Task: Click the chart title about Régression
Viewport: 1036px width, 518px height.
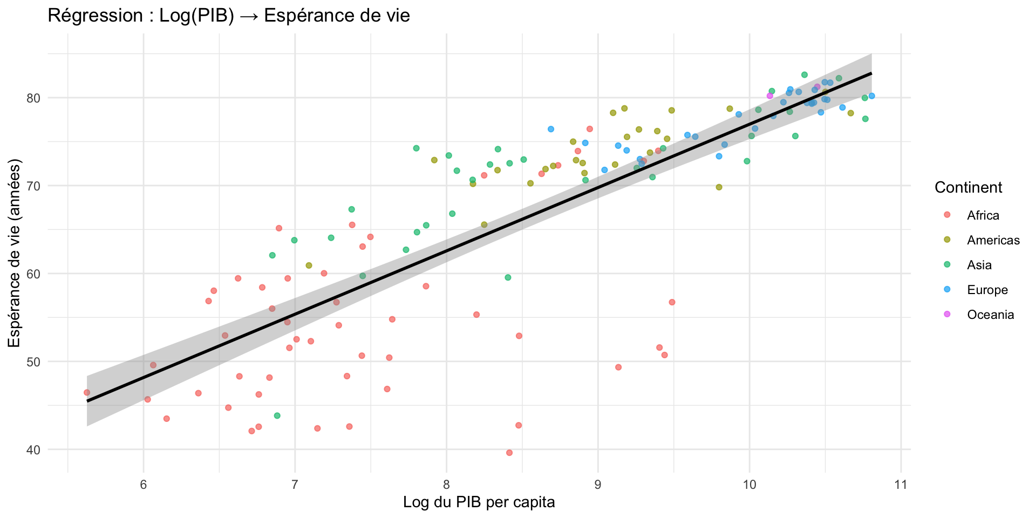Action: [x=229, y=16]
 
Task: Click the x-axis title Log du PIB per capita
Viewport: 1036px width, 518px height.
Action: [x=479, y=502]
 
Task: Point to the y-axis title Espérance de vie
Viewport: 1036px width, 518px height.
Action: [x=15, y=253]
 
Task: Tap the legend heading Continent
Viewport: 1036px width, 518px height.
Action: [x=968, y=187]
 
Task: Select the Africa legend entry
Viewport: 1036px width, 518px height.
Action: [x=983, y=215]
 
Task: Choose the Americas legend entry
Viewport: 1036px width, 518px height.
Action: [x=993, y=240]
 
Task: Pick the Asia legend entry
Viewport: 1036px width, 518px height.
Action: [x=979, y=265]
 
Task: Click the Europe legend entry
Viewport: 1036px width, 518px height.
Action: [x=987, y=290]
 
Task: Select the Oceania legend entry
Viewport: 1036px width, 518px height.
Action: [x=990, y=315]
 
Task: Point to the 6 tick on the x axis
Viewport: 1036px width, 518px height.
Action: [x=143, y=485]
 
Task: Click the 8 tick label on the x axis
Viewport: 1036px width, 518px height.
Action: [x=446, y=485]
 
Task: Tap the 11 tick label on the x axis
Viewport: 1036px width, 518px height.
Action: [x=900, y=485]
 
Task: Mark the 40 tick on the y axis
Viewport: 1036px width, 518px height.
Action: [x=34, y=449]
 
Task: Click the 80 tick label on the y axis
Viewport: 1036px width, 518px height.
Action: [x=34, y=98]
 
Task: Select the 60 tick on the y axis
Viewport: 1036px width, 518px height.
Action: [x=34, y=274]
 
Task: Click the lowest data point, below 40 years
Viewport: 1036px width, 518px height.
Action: [x=509, y=453]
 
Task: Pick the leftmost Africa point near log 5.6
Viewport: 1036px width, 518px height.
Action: [x=87, y=392]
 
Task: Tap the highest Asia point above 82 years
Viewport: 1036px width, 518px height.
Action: [x=805, y=74]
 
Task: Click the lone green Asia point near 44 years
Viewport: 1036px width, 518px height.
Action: [x=277, y=415]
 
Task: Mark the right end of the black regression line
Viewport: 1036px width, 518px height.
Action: [x=871, y=73]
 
